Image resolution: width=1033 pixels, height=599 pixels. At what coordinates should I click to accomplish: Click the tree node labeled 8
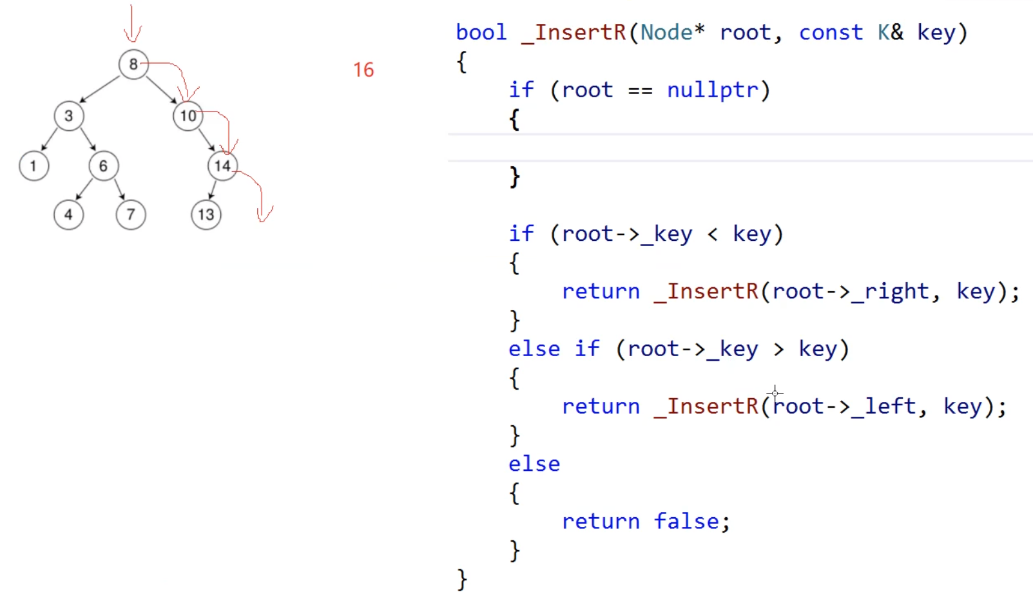[133, 64]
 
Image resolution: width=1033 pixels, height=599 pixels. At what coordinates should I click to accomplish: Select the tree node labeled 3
[69, 116]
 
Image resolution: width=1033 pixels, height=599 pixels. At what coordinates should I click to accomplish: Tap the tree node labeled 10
[188, 116]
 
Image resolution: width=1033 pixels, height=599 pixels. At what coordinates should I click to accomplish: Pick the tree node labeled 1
[34, 166]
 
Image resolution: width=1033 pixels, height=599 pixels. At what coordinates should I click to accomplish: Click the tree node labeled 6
[103, 166]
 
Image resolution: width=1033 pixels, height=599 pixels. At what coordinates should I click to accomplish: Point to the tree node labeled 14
[222, 166]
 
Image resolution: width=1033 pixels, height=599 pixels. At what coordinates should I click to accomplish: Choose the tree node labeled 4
[68, 214]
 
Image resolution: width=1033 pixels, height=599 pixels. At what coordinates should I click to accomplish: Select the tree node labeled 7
[131, 214]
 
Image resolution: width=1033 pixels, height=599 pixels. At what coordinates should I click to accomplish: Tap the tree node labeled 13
[206, 214]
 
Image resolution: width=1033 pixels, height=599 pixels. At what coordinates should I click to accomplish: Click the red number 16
[363, 70]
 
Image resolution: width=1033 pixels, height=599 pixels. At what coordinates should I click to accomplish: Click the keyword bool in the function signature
[481, 32]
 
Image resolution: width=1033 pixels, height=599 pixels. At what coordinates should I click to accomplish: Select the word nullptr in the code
[712, 90]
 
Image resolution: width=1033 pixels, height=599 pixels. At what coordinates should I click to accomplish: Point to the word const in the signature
[831, 32]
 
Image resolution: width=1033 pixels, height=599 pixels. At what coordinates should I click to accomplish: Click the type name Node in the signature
[666, 32]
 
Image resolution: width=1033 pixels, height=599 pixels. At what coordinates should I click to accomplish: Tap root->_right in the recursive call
[850, 291]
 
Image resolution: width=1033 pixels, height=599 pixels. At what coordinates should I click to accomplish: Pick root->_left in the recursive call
[844, 406]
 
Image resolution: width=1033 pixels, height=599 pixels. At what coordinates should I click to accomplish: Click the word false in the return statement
[686, 521]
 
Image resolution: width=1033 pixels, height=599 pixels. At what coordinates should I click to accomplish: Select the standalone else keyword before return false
[534, 464]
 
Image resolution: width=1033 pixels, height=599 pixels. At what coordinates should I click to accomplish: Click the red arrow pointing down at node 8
[132, 24]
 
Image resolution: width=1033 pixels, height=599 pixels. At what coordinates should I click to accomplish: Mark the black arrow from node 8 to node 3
[100, 90]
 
